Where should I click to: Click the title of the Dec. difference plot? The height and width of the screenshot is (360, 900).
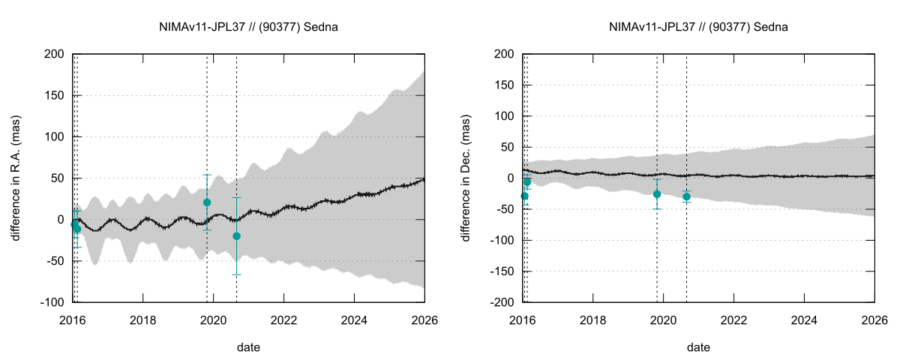click(699, 28)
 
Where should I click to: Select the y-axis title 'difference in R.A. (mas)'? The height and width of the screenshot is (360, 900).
click(16, 178)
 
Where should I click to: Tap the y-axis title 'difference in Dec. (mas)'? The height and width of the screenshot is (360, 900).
click(466, 178)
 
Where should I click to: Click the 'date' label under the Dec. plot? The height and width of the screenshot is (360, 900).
click(699, 347)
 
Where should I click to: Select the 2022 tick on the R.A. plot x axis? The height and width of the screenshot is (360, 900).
click(283, 317)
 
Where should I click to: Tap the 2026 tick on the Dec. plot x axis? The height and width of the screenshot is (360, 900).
click(874, 317)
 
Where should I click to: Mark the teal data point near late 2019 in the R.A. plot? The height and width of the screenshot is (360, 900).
click(207, 202)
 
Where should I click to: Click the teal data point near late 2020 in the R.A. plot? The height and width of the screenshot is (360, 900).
click(237, 236)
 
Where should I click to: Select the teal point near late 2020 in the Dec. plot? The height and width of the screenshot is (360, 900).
click(686, 196)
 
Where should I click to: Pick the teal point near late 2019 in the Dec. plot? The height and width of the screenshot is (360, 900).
click(657, 194)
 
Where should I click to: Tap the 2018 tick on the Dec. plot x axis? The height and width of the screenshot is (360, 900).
click(592, 317)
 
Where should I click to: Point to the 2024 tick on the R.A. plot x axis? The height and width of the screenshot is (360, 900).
click(354, 317)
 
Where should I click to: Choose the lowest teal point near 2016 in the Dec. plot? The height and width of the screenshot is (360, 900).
click(524, 196)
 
